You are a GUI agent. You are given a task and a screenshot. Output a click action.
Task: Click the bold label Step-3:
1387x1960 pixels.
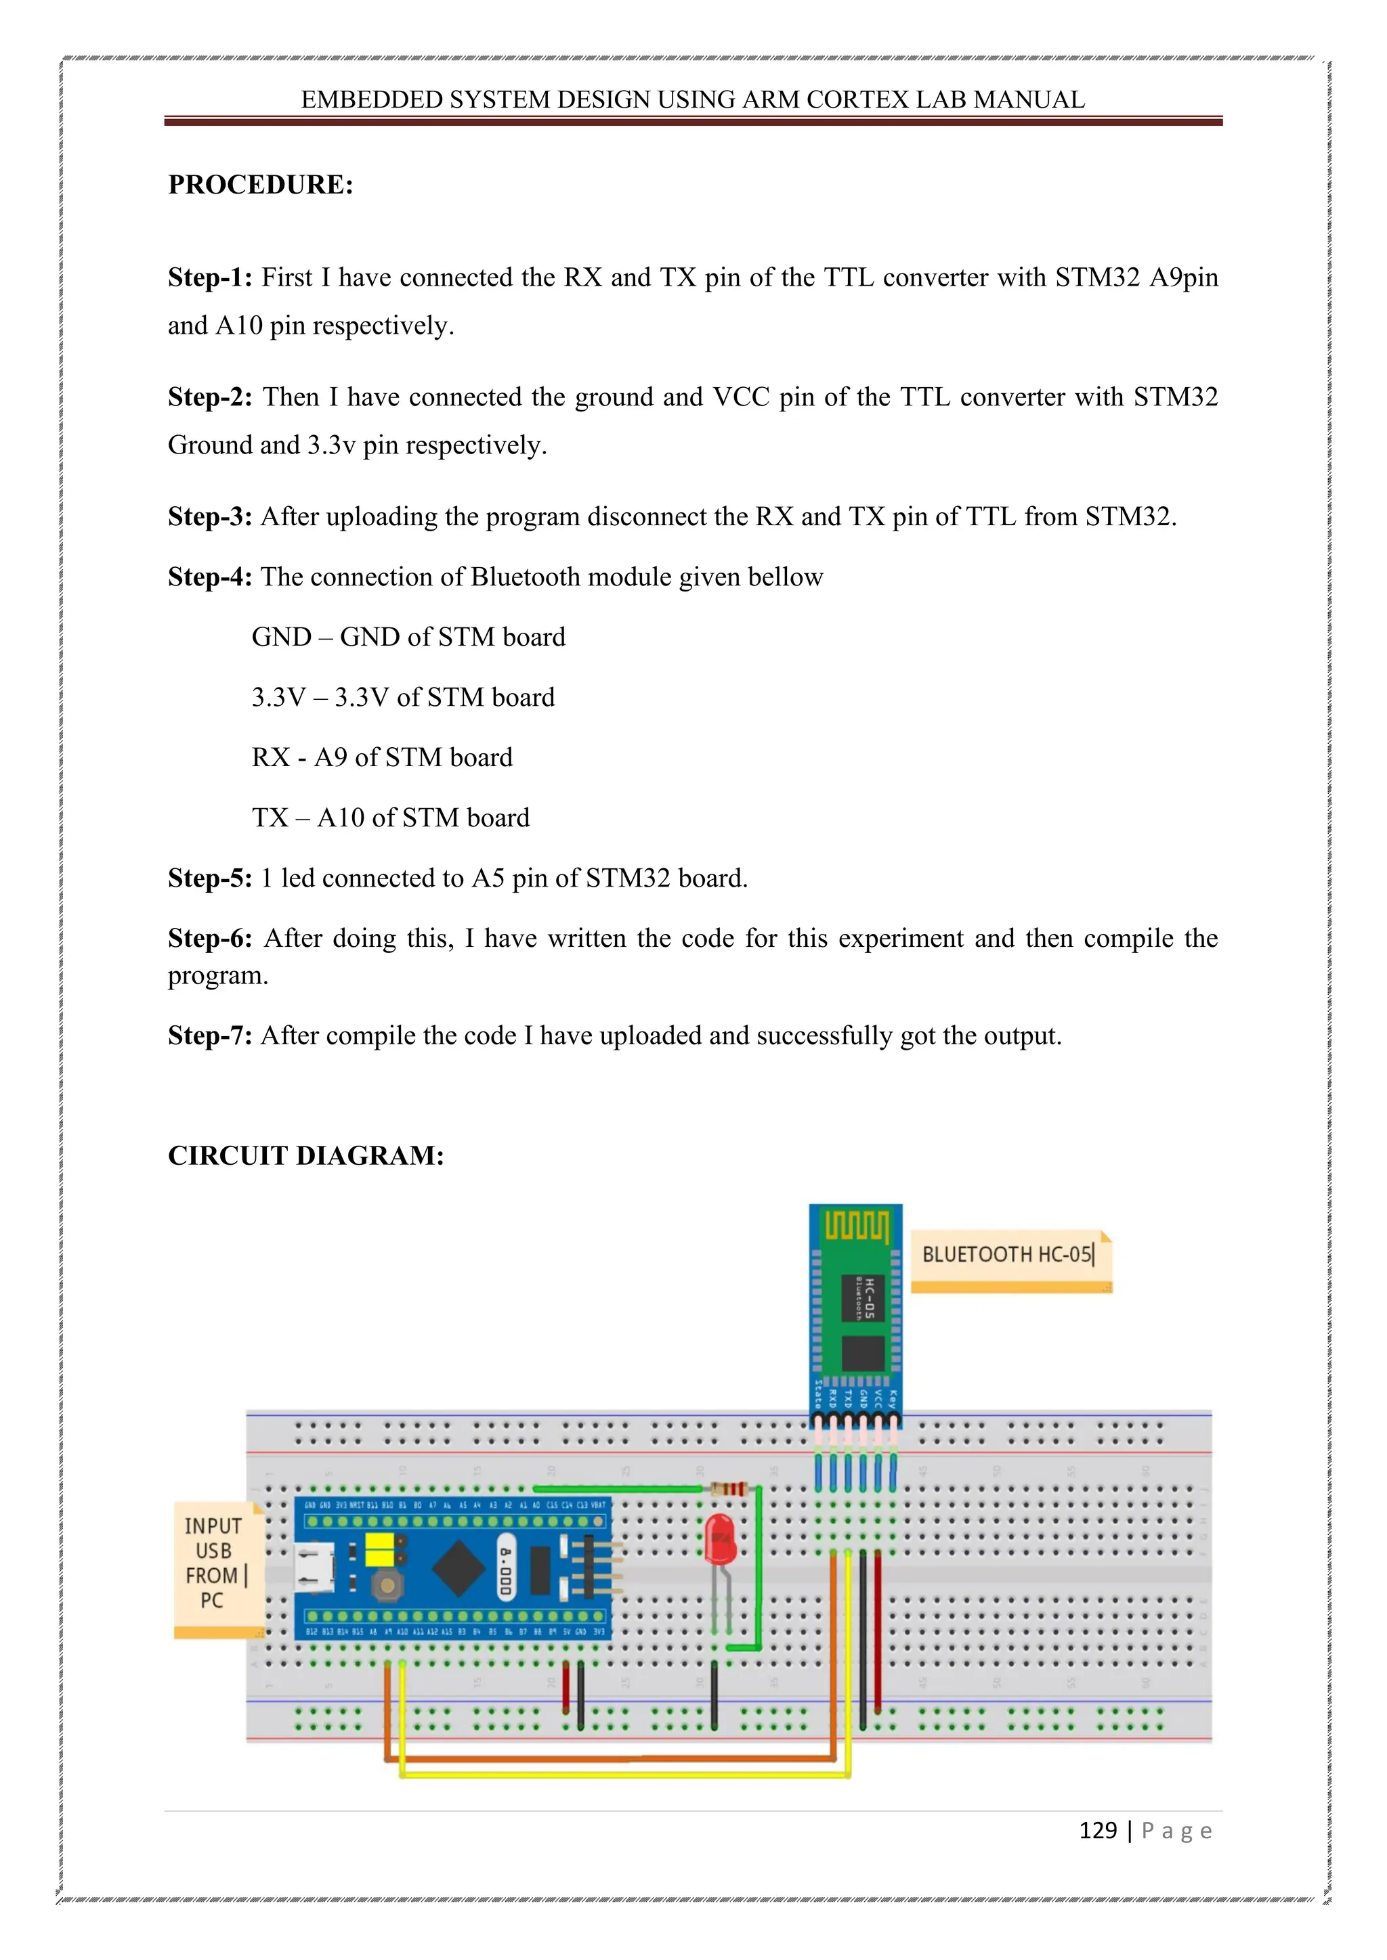(209, 516)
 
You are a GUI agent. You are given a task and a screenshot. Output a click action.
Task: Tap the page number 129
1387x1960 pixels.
(1097, 1830)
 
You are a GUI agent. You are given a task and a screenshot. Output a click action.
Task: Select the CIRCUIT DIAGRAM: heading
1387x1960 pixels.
(305, 1155)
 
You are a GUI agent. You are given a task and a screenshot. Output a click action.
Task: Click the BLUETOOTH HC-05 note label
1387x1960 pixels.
(1008, 1254)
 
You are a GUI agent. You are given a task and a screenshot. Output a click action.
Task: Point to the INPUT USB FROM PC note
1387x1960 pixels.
(213, 1562)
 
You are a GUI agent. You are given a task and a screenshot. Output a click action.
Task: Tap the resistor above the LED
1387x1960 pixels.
(729, 1489)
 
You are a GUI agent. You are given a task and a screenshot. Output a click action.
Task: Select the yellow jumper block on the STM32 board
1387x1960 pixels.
(383, 1549)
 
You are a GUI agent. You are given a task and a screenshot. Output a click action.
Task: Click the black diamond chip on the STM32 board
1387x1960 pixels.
(459, 1567)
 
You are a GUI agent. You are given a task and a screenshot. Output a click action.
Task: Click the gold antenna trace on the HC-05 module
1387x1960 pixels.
(856, 1228)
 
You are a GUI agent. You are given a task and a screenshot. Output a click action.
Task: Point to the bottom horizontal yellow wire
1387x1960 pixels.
(624, 1775)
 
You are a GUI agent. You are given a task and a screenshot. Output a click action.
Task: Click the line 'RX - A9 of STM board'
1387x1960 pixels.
(382, 757)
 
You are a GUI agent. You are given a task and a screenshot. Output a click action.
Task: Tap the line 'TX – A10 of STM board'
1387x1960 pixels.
(390, 818)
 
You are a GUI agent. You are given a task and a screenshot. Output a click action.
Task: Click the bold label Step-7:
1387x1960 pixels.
(209, 1035)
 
